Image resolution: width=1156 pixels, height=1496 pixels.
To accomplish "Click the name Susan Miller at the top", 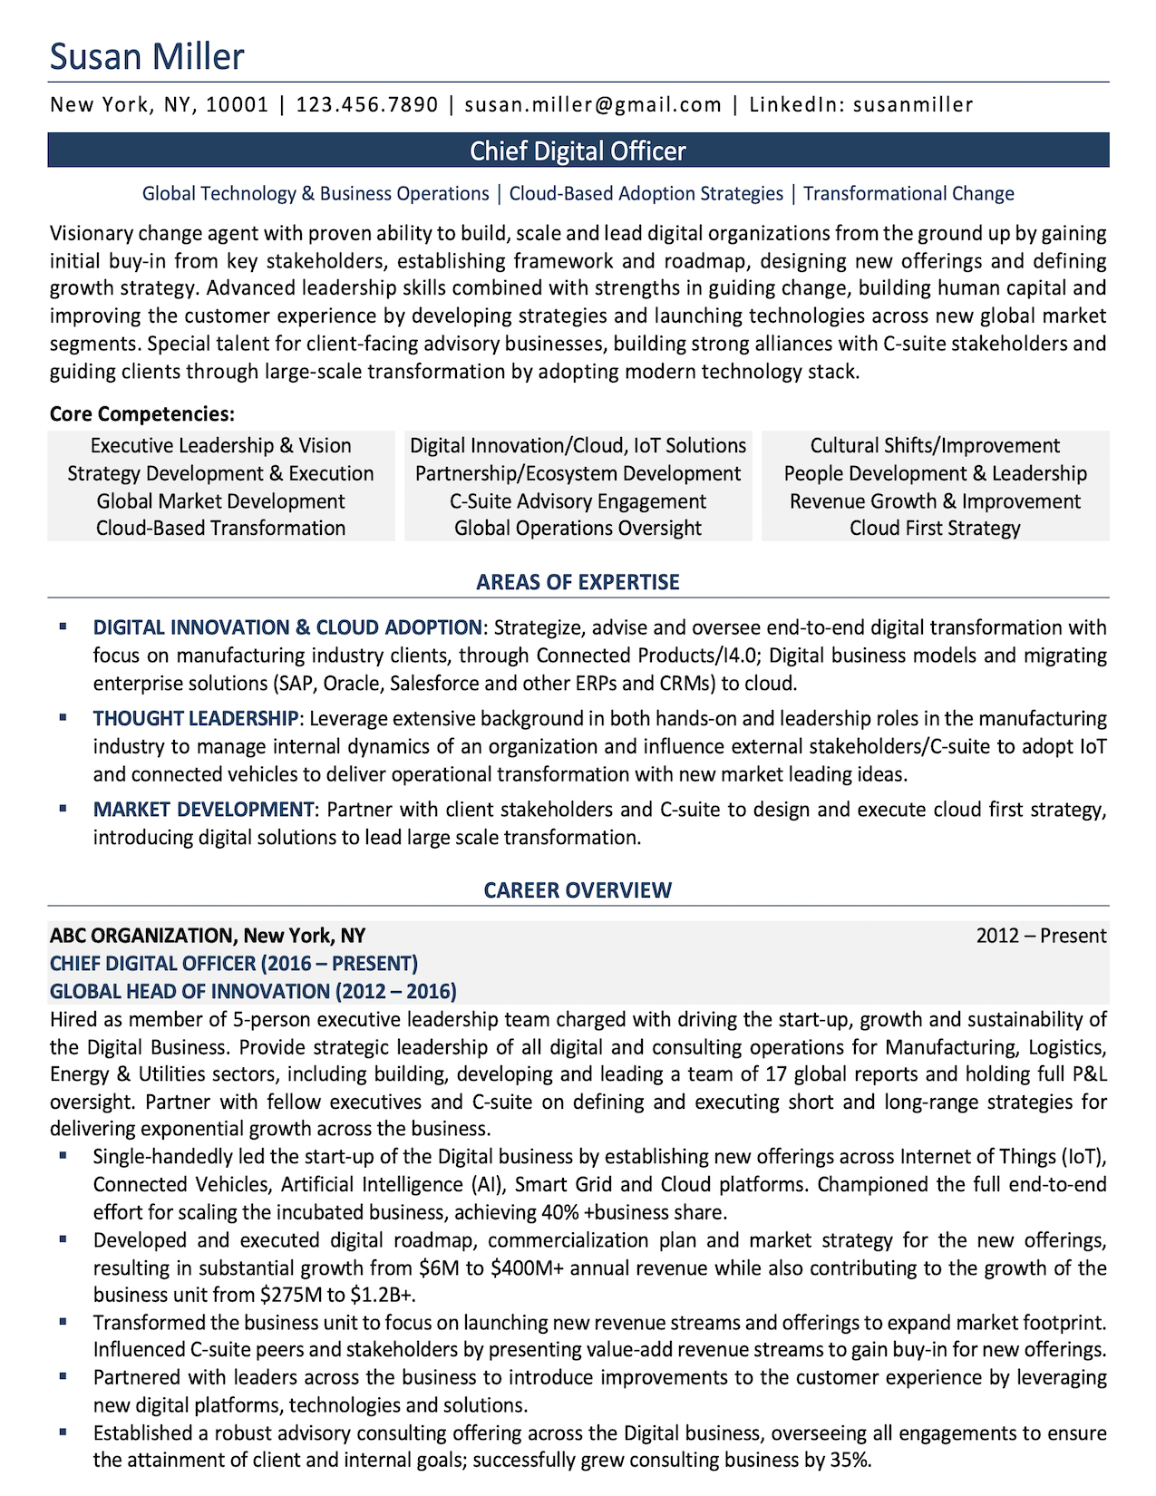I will [147, 56].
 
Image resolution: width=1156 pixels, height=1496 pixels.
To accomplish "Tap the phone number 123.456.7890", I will [367, 104].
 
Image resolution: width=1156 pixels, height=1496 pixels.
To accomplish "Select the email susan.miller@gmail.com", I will [593, 104].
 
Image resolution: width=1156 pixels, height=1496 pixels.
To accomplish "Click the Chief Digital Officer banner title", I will [578, 151].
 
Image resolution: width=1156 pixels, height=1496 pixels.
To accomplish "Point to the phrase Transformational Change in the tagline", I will [908, 193].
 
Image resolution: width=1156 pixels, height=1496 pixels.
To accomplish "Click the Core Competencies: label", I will [142, 414].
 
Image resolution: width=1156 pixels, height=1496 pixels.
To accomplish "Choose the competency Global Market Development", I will [220, 501].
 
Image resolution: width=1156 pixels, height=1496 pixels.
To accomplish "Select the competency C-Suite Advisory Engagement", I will [578, 501].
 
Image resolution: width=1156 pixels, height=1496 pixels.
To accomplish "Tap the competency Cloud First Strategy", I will [935, 528].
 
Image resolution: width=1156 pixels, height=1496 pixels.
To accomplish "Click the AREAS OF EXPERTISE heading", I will [578, 582].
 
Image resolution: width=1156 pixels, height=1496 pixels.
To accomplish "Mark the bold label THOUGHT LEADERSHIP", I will [195, 719].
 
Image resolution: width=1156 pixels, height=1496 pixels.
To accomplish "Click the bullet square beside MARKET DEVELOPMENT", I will [63, 807].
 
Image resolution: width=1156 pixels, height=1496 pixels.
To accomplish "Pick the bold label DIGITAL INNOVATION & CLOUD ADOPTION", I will [287, 627].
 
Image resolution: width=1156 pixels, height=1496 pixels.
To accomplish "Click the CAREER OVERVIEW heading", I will [578, 890].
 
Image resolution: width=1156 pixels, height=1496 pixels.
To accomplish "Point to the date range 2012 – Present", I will [1041, 936].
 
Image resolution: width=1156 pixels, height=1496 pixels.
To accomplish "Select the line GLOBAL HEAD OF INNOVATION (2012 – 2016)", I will [253, 991].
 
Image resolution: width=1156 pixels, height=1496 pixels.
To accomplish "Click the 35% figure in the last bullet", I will [850, 1461].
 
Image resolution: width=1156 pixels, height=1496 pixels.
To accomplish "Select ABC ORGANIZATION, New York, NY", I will [208, 936].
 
